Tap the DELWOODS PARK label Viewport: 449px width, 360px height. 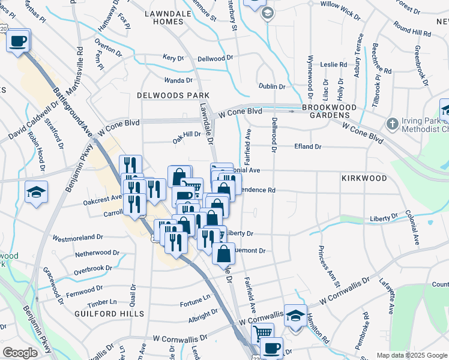pyautogui.click(x=173, y=95)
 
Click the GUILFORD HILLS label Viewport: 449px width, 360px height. pyautogui.click(x=109, y=314)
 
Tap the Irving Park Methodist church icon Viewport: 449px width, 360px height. pyautogui.click(x=392, y=124)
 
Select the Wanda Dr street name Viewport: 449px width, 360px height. pyautogui.click(x=179, y=80)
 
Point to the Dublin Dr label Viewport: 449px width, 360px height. pyautogui.click(x=272, y=86)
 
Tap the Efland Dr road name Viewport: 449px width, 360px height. pyautogui.click(x=308, y=146)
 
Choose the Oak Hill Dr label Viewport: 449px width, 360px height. pyautogui.click(x=187, y=134)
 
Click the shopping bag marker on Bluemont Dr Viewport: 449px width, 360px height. pyautogui.click(x=223, y=253)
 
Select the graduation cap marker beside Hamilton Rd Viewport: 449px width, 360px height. pyautogui.click(x=295, y=316)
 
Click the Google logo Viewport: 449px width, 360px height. pyautogui.click(x=20, y=353)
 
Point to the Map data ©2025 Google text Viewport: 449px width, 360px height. pyautogui.click(x=412, y=355)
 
